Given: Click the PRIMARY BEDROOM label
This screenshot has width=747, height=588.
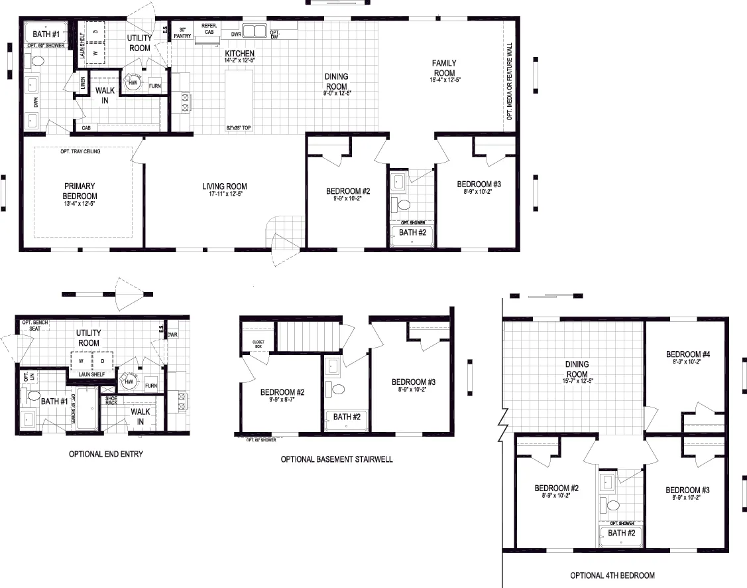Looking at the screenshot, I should point(81,191).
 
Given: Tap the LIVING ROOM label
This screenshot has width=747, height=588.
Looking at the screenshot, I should point(225,186).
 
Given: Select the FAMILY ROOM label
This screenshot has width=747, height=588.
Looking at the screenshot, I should point(445,68).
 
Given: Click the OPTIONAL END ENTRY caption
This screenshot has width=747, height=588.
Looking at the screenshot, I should point(106,455).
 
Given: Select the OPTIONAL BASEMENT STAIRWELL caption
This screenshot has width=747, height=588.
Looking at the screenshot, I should point(337,459).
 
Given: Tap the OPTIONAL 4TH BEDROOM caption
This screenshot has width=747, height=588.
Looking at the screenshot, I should point(612,575).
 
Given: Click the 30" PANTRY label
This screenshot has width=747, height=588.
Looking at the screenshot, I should point(183,33).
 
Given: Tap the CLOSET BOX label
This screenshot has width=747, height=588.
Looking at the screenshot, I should point(259,344).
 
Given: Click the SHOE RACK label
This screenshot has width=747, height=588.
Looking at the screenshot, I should point(111,401).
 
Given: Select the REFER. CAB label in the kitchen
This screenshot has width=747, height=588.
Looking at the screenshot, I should point(208,29).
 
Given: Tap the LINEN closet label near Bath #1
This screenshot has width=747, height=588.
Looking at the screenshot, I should point(82,83).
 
